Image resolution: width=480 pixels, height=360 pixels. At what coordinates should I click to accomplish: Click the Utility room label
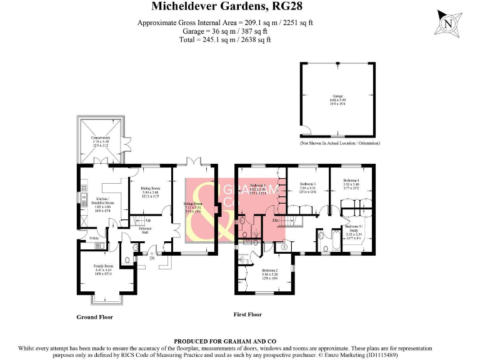tap(94, 238)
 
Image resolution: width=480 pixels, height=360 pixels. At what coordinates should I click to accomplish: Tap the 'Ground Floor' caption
tap(94, 317)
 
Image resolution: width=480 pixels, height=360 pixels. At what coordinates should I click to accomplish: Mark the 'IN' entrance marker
tap(151, 257)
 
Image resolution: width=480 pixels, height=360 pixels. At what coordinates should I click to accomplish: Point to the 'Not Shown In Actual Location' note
tap(341, 143)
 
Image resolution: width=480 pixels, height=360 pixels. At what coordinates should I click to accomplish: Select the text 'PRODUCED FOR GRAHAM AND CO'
tap(239, 341)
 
